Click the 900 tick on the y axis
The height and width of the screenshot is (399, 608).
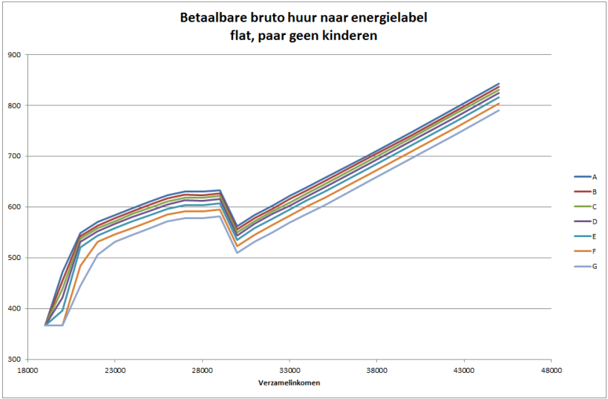pyautogui.click(x=15, y=54)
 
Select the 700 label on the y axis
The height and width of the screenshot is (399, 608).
pyautogui.click(x=15, y=156)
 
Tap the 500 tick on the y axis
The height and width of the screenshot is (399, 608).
pyautogui.click(x=15, y=258)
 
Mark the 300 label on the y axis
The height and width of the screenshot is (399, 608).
pyautogui.click(x=15, y=360)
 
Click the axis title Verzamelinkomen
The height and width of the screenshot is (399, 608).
pyautogui.click(x=289, y=383)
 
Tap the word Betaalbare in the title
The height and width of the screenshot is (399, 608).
pyautogui.click(x=212, y=18)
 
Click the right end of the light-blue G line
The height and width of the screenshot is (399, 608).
pyautogui.click(x=499, y=111)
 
